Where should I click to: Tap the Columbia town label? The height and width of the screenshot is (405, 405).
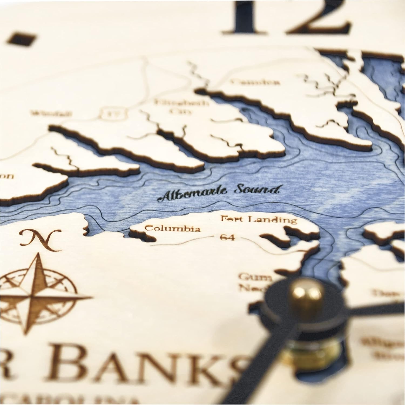(x=172, y=229)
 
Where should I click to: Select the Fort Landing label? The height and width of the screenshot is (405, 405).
(x=259, y=219)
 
